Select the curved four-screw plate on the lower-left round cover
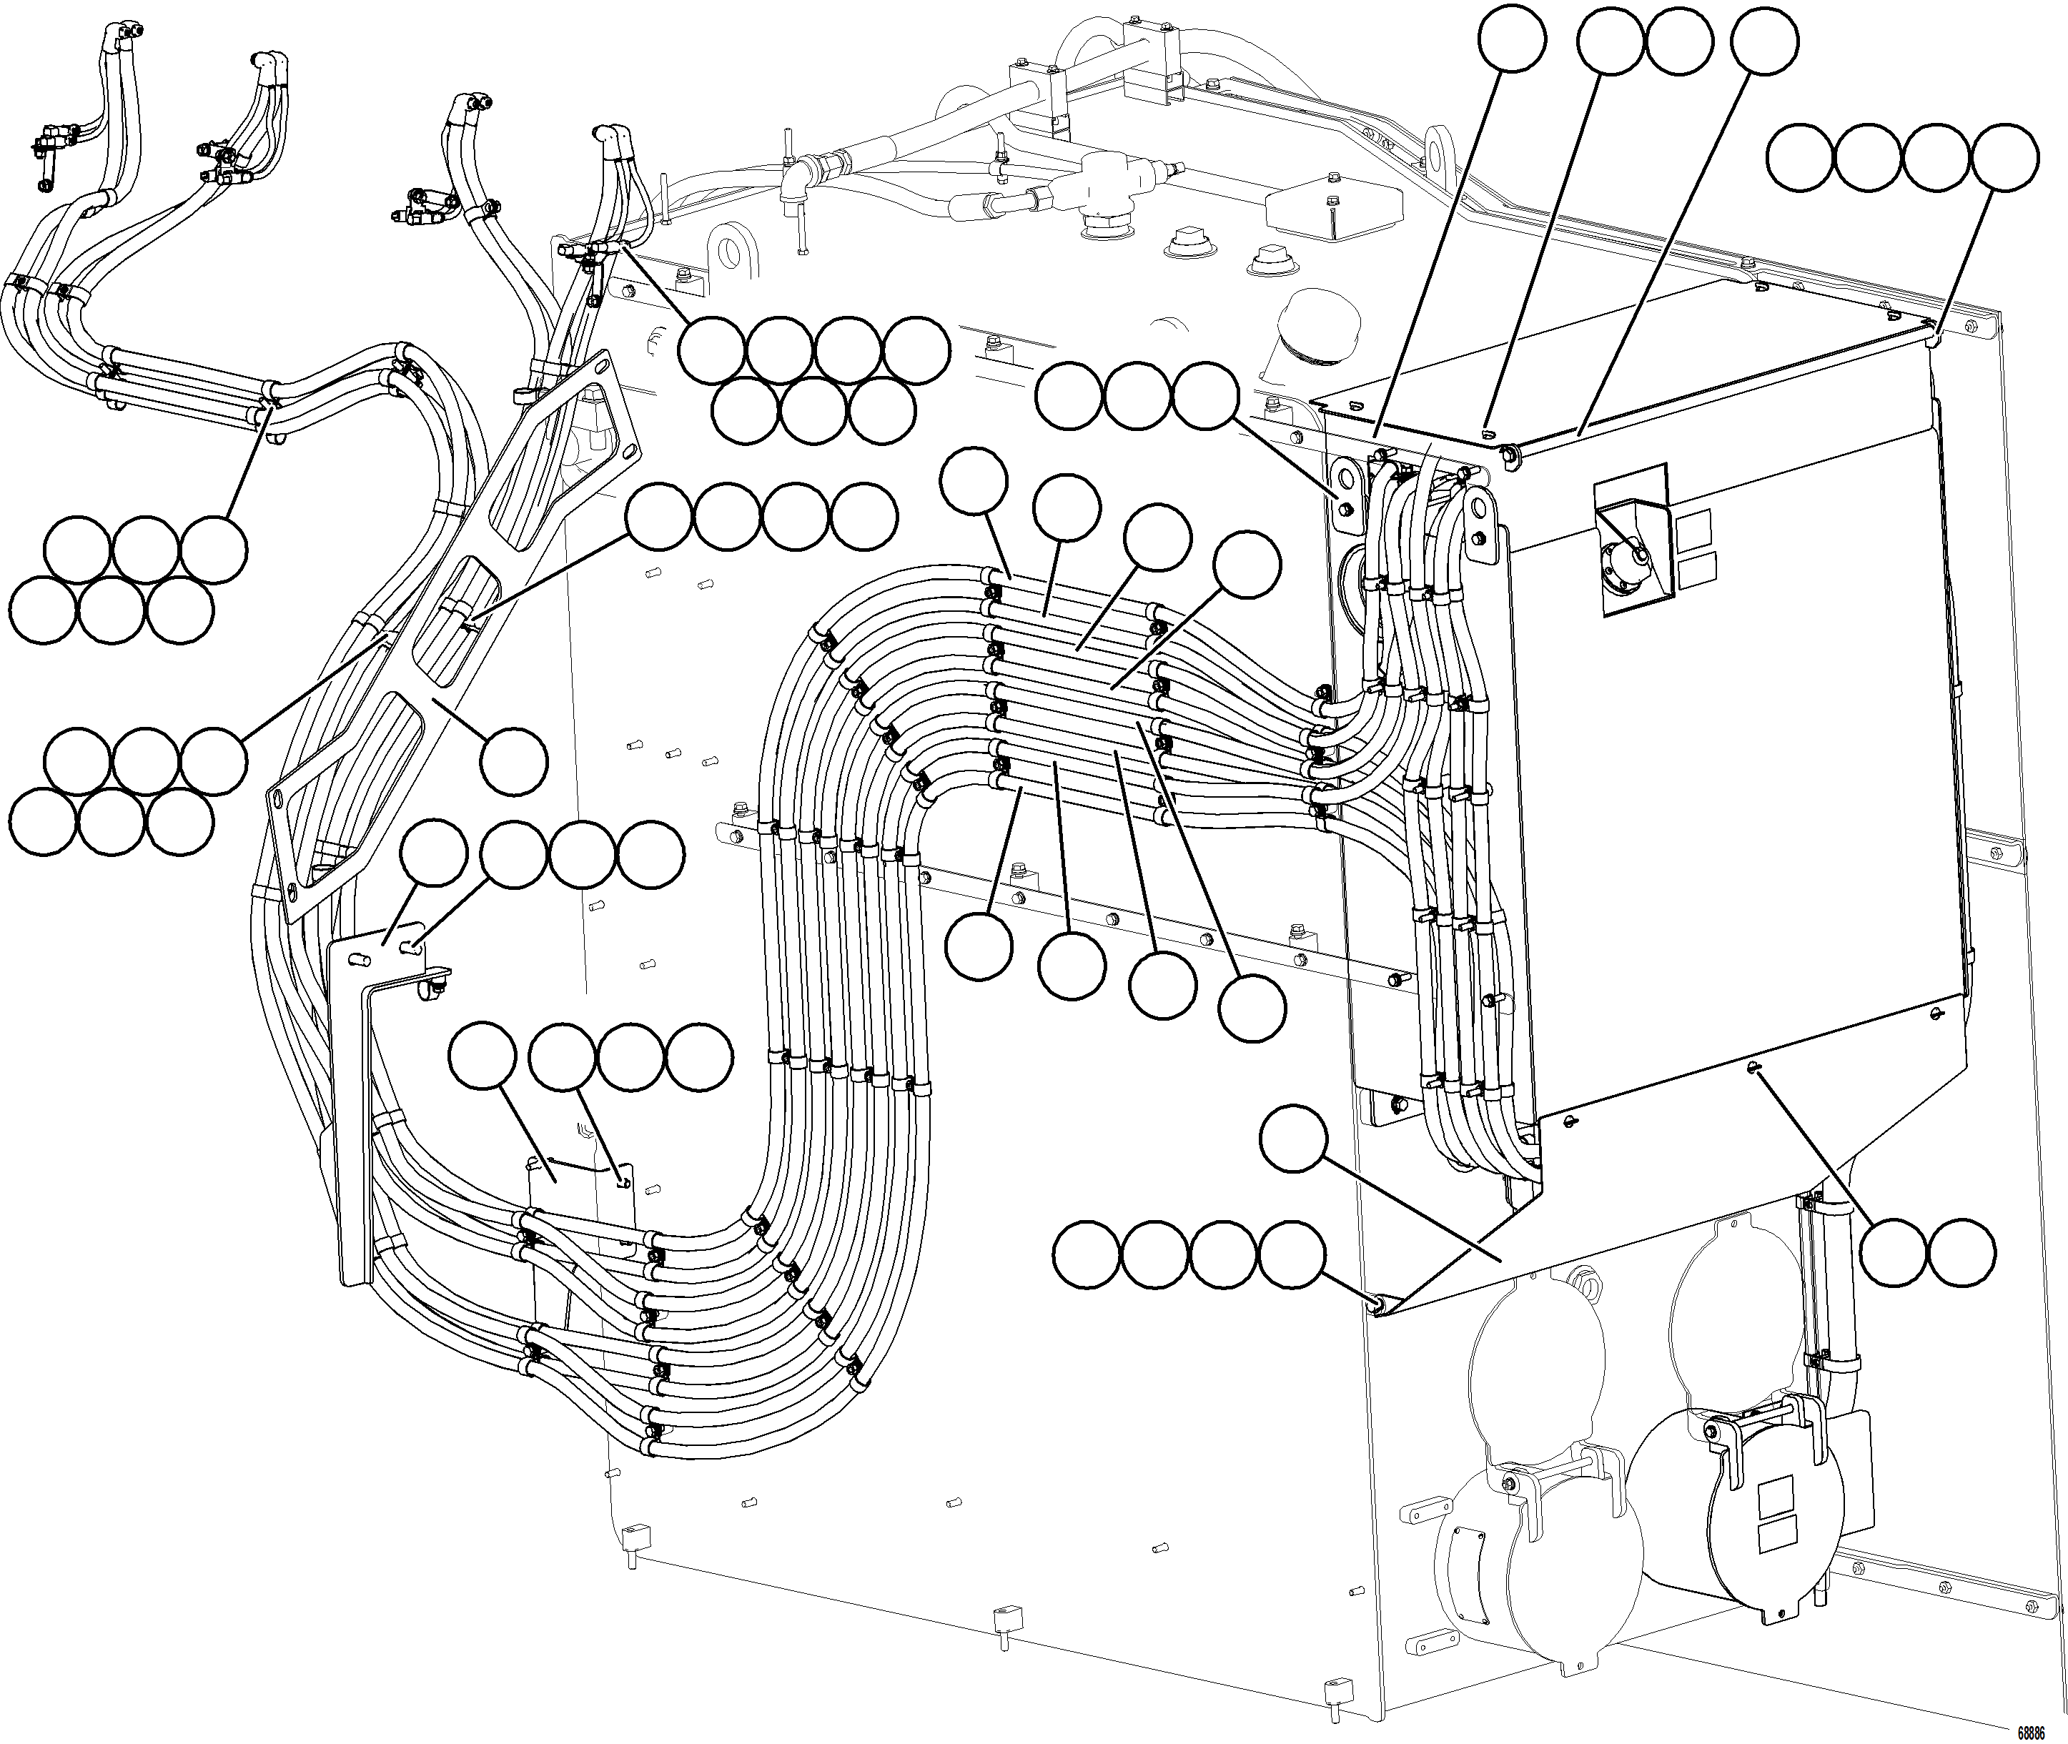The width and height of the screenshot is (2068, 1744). click(1465, 1562)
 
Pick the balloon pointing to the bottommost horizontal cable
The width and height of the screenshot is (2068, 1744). click(979, 946)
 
